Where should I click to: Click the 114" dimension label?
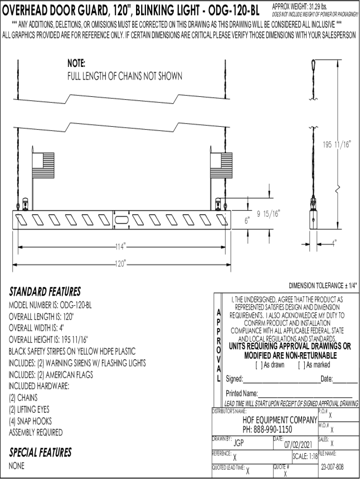121,247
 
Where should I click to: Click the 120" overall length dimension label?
121,264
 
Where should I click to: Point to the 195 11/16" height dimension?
337,145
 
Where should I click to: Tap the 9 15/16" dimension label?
268,213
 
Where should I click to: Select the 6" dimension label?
247,220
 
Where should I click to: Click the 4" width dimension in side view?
334,243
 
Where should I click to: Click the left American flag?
43,165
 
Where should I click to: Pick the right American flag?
221,165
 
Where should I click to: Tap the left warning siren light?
25,204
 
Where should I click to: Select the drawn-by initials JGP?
239,443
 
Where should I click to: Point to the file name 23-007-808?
332,467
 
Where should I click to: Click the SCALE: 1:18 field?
305,456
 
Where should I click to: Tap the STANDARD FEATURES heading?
45,292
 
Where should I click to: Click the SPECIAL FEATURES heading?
40,452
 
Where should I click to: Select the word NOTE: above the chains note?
76,64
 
